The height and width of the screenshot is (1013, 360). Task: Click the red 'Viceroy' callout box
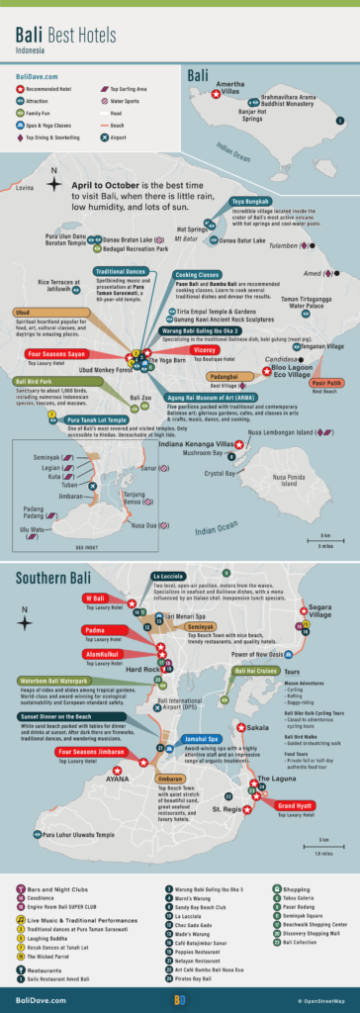(x=204, y=349)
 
